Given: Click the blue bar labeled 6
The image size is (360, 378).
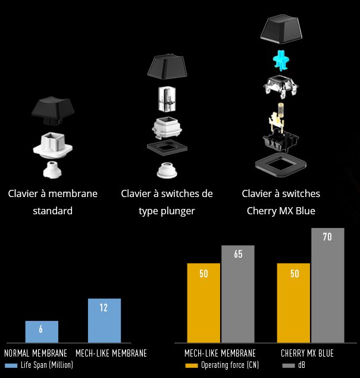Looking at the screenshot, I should (x=42, y=332).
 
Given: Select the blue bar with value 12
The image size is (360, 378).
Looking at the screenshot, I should (x=104, y=320).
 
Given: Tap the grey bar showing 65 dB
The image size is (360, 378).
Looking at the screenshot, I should (x=238, y=293).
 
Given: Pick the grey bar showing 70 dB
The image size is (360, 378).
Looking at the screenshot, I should (x=327, y=285).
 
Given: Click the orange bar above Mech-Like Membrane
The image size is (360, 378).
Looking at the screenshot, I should (x=204, y=302).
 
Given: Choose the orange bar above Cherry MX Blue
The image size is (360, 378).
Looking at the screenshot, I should (x=293, y=302).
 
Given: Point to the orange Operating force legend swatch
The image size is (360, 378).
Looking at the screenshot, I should (x=191, y=365).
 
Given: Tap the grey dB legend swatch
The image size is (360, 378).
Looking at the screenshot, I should (x=289, y=365).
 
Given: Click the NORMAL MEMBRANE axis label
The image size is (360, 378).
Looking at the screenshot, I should (x=36, y=353).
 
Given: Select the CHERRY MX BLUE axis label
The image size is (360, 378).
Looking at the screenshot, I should (x=307, y=353).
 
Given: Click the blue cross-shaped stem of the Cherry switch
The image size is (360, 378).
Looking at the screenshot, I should (x=280, y=60).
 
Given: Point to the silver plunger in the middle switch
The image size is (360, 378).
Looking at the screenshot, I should (x=166, y=99).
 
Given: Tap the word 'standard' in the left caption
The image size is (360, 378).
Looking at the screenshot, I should (x=52, y=211).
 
